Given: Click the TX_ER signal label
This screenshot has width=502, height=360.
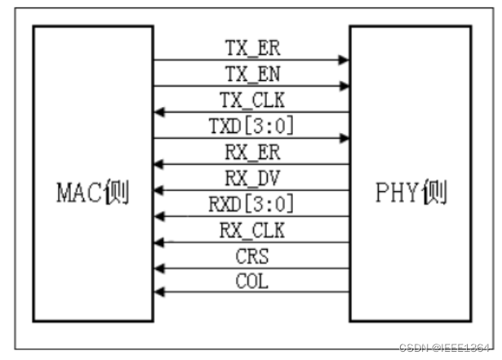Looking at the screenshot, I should pos(252,47).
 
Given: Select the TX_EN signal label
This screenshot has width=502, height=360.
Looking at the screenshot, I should pos(252,73).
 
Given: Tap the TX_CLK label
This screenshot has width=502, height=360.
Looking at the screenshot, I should pos(252,100).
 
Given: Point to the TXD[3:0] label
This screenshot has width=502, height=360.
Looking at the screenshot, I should pos(252,126).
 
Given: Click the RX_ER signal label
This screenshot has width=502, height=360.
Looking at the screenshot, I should pos(252,152).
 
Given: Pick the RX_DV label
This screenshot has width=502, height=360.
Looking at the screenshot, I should pos(252,178).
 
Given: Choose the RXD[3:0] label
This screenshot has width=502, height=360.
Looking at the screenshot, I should pos(252,204).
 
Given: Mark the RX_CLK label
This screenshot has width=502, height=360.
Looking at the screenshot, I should pos(252,230).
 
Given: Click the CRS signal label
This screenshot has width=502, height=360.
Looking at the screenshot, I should pos(252,256).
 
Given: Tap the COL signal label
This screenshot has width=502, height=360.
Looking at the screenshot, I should pos(252,282).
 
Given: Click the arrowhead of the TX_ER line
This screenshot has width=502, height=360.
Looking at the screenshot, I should pos(344,60).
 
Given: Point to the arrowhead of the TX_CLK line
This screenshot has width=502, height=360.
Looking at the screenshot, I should pos(159,112).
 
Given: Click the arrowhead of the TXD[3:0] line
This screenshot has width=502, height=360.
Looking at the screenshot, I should pos(344,138).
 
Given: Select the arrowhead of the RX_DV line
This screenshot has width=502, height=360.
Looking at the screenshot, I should pos(159,190).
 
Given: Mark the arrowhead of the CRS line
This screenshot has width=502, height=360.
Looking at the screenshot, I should pos(159,268).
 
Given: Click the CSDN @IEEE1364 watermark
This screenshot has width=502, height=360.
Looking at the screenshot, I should pos(446,348).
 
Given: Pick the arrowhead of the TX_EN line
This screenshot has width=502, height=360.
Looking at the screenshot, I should pos(344,86).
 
